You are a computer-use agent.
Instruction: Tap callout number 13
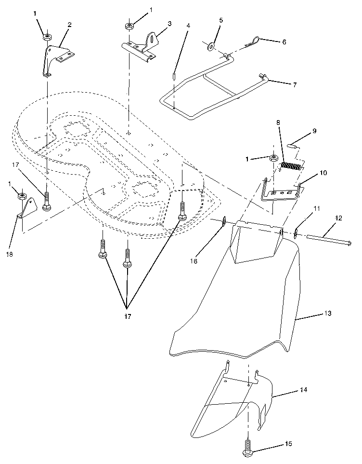click(x=327, y=314)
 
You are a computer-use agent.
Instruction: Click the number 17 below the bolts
click(x=127, y=317)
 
